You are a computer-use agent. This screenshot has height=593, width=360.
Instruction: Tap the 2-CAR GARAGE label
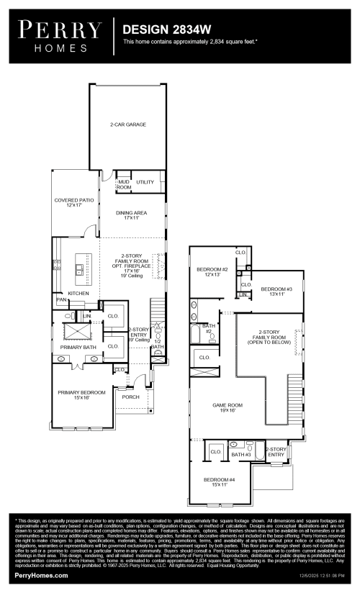[x=128, y=125]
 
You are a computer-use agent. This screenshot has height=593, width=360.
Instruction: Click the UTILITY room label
[x=145, y=182]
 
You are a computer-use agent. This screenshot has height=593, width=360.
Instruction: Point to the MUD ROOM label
[x=124, y=184]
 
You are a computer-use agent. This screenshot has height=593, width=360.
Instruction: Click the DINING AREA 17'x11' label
[x=132, y=215]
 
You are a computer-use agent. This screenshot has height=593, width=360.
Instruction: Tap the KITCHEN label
[x=78, y=294]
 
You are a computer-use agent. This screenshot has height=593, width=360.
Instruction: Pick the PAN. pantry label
[x=61, y=300]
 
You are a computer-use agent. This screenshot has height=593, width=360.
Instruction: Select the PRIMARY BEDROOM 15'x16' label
[x=81, y=394]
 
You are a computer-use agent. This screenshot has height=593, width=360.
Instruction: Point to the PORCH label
[x=131, y=397]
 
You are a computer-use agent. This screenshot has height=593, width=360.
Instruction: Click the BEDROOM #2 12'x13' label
[x=212, y=271]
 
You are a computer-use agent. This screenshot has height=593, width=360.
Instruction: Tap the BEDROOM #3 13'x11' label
[x=276, y=290]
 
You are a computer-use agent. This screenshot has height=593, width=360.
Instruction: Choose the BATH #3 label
[x=240, y=455]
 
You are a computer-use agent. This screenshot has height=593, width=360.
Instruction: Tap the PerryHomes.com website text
[x=41, y=576]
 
